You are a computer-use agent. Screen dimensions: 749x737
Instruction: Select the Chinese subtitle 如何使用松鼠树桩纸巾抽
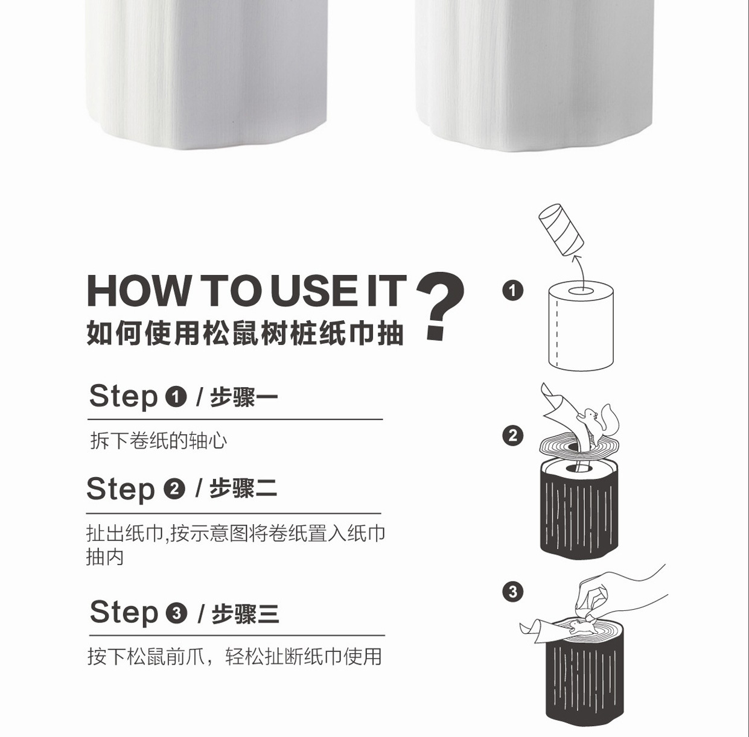pyautogui.click(x=245, y=333)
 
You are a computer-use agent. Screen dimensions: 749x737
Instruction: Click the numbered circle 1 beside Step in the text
pyautogui.click(x=176, y=397)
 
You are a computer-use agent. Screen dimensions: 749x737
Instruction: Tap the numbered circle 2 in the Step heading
pyautogui.click(x=174, y=489)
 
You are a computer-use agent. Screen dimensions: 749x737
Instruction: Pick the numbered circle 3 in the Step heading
pyautogui.click(x=177, y=613)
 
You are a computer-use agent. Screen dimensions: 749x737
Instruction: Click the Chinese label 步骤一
pyautogui.click(x=244, y=397)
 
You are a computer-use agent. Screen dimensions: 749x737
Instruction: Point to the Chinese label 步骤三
pyautogui.click(x=245, y=613)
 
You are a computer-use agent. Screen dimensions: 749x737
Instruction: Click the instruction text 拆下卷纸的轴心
pyautogui.click(x=159, y=441)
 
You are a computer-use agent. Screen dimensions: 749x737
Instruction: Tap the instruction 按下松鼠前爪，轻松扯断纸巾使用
pyautogui.click(x=234, y=657)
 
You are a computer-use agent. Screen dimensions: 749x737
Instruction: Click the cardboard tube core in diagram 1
pyautogui.click(x=561, y=229)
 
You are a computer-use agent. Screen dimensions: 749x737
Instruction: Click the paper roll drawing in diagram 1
pyautogui.click(x=581, y=326)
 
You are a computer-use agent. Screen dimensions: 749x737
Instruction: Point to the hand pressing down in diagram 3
pyautogui.click(x=618, y=595)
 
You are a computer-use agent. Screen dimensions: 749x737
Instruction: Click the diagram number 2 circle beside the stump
pyautogui.click(x=512, y=435)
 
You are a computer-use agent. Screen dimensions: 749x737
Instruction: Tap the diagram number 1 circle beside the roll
pyautogui.click(x=512, y=291)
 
